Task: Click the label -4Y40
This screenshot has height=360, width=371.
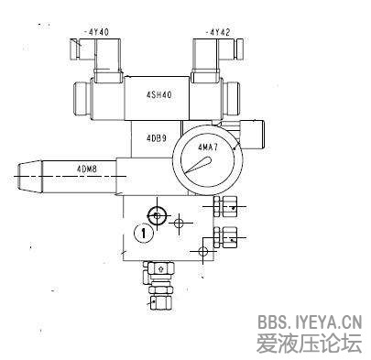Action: tap(96, 32)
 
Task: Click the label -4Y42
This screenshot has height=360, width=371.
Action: tap(218, 32)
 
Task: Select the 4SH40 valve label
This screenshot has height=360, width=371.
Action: tap(158, 95)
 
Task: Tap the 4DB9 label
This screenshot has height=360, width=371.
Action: tap(157, 138)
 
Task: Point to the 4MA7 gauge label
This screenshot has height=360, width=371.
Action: tap(208, 147)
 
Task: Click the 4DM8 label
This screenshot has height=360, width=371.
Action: tap(87, 169)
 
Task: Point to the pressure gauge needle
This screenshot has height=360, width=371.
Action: tap(197, 167)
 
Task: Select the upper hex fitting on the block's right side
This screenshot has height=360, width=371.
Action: tap(225, 206)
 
